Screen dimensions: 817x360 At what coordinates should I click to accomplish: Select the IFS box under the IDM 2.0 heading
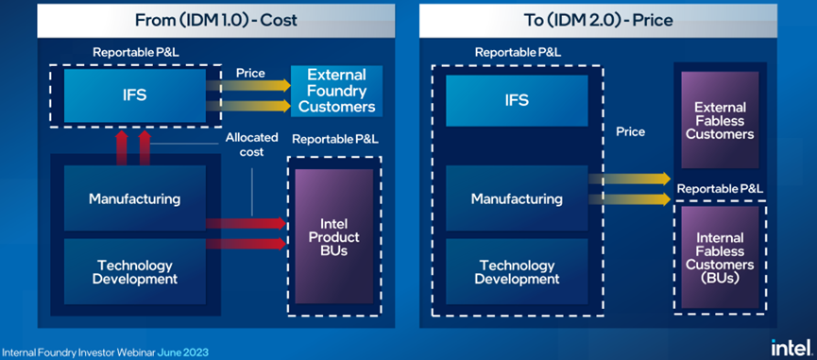(x=517, y=100)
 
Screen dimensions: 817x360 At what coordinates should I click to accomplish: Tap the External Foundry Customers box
(x=336, y=91)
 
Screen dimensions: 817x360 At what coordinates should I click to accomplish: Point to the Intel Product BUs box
(x=334, y=236)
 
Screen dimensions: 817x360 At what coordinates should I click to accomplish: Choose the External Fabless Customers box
(x=720, y=120)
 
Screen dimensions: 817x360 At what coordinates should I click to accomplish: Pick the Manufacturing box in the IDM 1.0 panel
(x=135, y=198)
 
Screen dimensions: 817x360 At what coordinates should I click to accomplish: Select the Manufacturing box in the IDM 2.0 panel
(x=517, y=198)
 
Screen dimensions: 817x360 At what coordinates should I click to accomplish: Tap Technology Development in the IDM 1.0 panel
(x=135, y=271)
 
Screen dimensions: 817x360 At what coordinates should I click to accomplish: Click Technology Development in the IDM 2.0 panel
(x=517, y=271)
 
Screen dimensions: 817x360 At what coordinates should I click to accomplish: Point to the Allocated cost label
(x=251, y=145)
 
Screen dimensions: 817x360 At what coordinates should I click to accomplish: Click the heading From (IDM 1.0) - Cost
(x=215, y=21)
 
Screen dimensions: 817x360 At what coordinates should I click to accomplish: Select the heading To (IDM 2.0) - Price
(x=598, y=21)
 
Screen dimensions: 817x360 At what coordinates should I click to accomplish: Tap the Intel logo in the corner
(x=791, y=347)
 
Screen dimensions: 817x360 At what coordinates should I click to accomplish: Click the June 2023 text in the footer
(x=183, y=352)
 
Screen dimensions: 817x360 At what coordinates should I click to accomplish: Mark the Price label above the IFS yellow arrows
(x=250, y=73)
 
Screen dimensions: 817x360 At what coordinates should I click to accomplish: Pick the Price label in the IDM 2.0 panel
(x=631, y=131)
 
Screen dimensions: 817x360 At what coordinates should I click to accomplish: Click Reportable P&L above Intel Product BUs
(x=335, y=139)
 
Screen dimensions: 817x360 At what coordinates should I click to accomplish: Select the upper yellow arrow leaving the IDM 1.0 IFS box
(x=248, y=85)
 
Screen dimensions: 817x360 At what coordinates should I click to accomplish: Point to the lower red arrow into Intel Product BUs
(x=247, y=244)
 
